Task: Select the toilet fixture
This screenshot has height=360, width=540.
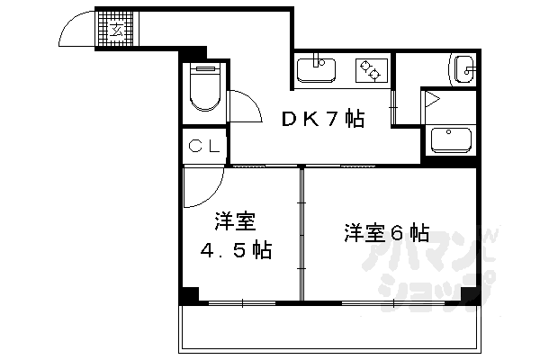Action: pos(206,89)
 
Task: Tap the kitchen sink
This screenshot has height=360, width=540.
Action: pos(316,68)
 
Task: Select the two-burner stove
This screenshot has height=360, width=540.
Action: pos(369,68)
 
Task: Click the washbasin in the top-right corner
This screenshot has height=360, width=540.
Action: pos(465,67)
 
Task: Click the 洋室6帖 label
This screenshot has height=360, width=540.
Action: pos(384,233)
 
